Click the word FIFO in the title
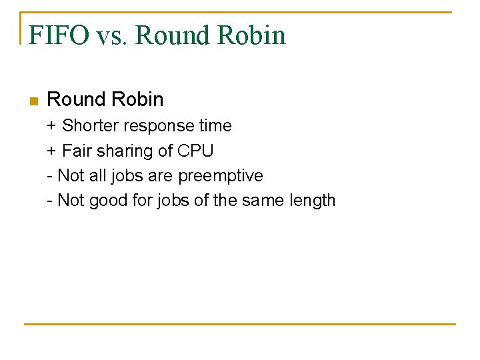(x=58, y=35)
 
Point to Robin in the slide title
(x=249, y=35)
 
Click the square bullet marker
(x=34, y=101)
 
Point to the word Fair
(x=77, y=151)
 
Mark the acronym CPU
(x=195, y=151)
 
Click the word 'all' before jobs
(x=91, y=175)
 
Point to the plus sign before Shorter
(x=51, y=126)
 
